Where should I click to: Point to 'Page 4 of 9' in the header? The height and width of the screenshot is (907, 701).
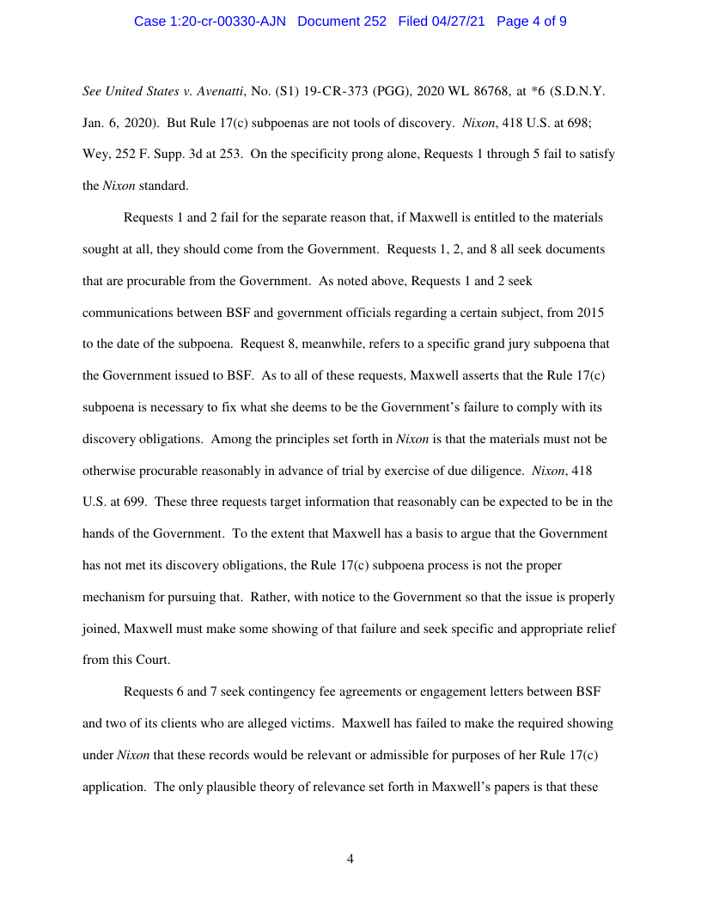click(531, 21)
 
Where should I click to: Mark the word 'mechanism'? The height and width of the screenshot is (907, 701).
click(114, 564)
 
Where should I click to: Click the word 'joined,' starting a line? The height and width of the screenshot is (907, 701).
click(101, 628)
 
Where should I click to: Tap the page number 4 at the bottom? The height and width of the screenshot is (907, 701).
click(350, 859)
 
